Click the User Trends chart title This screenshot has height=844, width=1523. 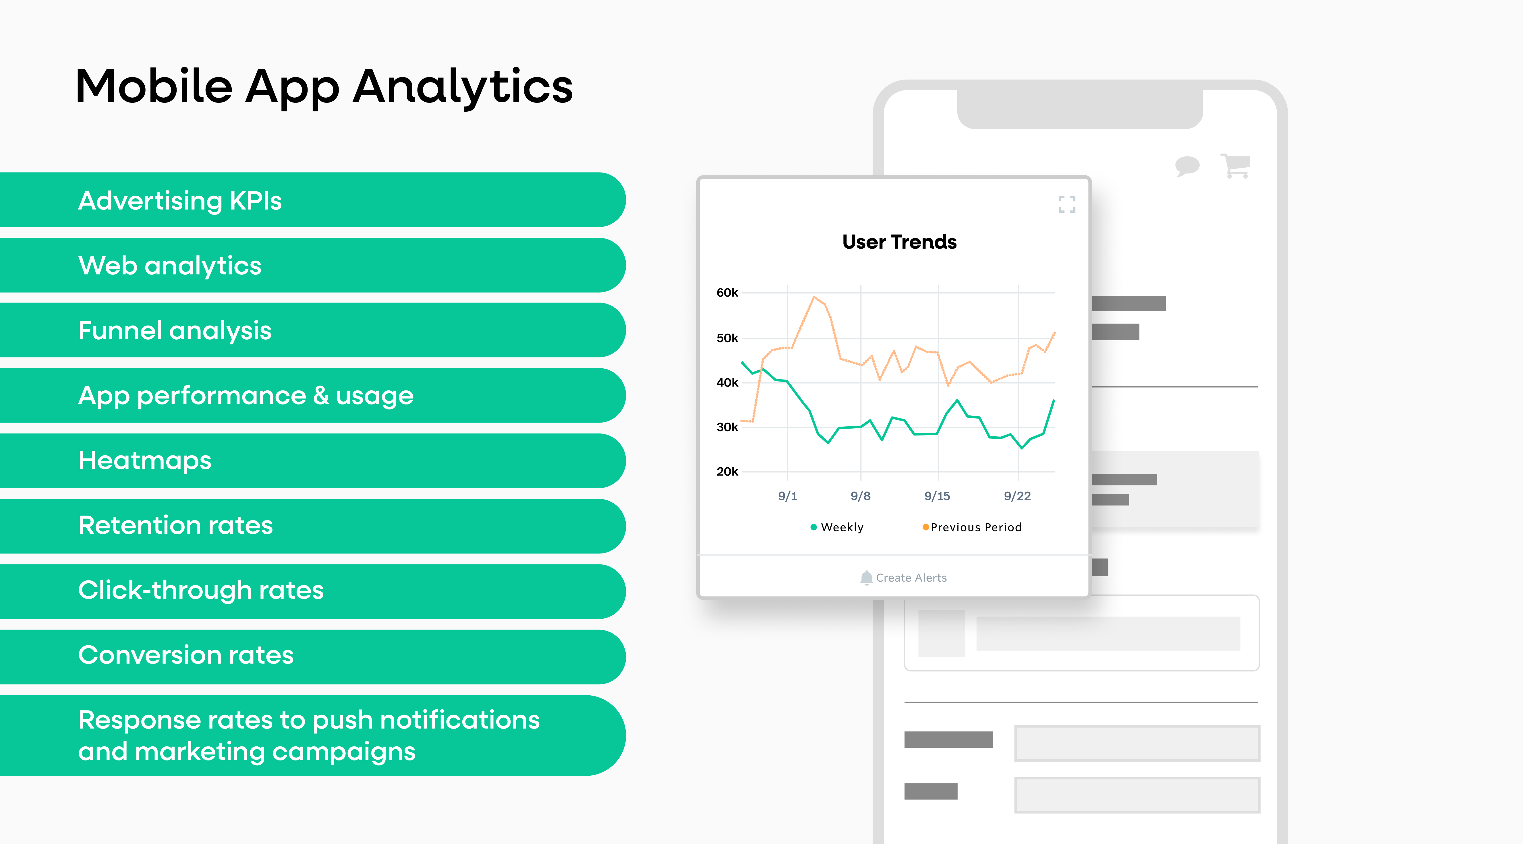click(899, 242)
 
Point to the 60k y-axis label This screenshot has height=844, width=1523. click(727, 293)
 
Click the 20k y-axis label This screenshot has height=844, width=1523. click(727, 472)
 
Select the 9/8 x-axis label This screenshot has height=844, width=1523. click(860, 496)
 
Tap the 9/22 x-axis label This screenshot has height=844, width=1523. click(1017, 496)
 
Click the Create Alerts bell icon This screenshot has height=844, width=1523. click(866, 577)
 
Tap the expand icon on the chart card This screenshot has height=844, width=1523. click(1066, 204)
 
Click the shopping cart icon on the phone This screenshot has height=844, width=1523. click(1236, 165)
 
